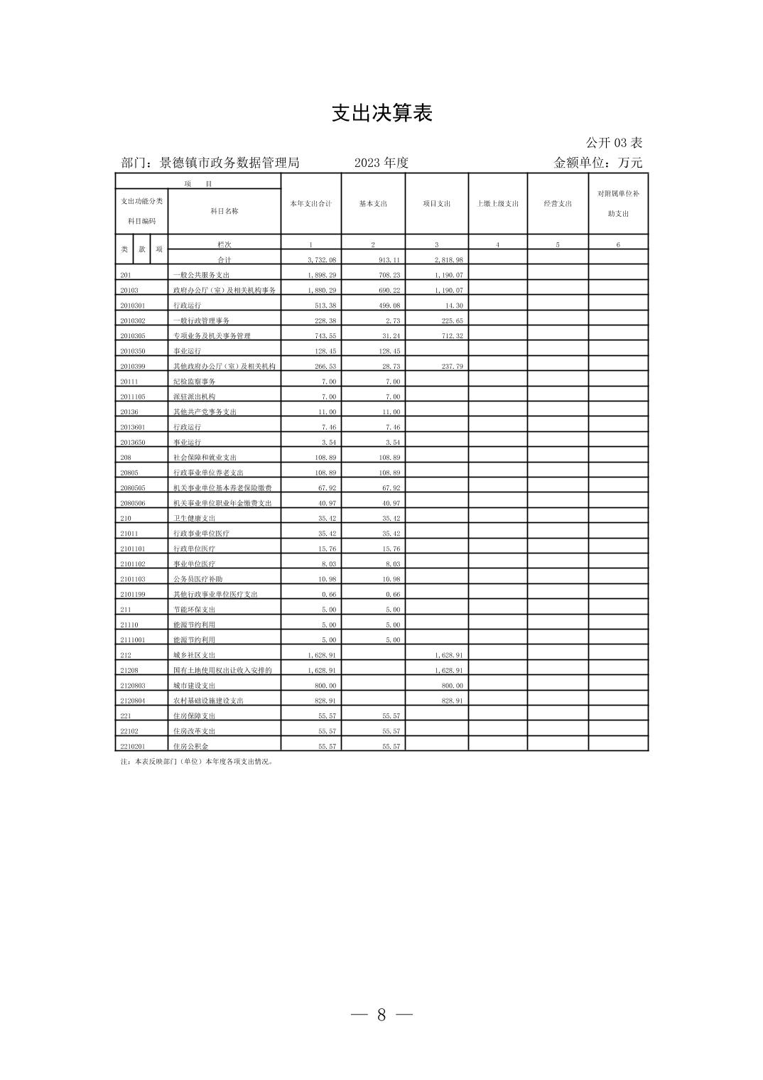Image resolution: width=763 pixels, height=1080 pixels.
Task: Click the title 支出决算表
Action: click(x=381, y=114)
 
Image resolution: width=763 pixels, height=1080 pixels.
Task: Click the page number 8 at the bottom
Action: click(x=381, y=1015)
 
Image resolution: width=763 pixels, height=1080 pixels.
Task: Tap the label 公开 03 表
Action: click(x=614, y=143)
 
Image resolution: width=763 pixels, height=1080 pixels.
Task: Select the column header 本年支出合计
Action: click(x=310, y=204)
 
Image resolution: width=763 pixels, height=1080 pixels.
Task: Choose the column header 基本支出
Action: click(x=373, y=204)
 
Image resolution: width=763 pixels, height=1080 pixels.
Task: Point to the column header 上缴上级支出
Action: click(x=497, y=204)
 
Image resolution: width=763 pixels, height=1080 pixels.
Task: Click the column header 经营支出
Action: click(x=558, y=204)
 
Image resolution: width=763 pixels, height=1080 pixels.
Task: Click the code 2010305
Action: click(x=133, y=336)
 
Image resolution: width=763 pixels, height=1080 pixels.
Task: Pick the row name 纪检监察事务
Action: click(x=194, y=382)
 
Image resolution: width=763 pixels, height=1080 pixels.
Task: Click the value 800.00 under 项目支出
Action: click(x=452, y=686)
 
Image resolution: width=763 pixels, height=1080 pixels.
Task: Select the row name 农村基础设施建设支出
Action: click(x=208, y=701)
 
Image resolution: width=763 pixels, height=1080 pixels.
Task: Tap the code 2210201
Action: click(x=133, y=746)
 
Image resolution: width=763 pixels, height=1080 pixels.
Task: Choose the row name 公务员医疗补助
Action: click(x=197, y=579)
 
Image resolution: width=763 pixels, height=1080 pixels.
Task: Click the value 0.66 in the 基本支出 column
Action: click(x=392, y=595)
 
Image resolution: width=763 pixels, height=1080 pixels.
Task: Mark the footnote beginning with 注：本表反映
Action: click(x=197, y=762)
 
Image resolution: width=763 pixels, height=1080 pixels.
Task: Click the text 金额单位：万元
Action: click(x=597, y=163)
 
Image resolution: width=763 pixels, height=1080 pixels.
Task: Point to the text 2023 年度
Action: click(x=381, y=163)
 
